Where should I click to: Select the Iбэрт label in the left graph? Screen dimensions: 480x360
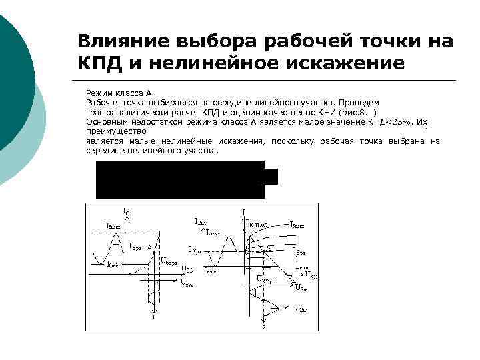[x=135, y=246]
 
